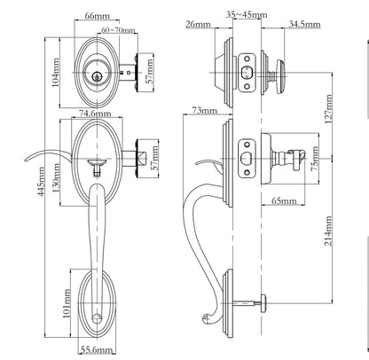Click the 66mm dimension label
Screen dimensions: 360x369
point(96,17)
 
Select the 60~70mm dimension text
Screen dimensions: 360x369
point(119,30)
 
